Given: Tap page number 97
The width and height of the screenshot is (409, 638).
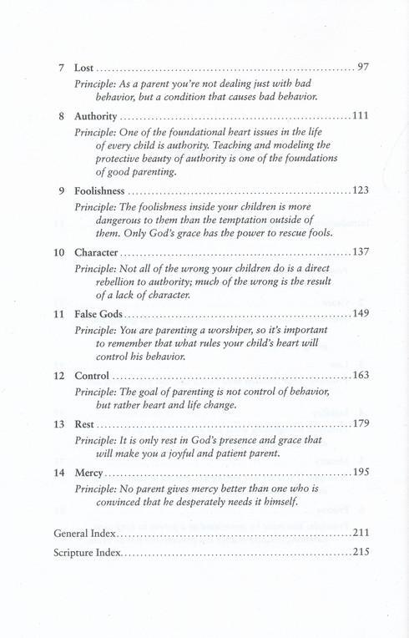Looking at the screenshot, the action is click(362, 67).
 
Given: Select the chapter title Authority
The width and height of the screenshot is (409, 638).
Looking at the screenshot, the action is click(97, 115).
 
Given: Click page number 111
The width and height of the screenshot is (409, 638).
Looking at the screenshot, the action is click(360, 115).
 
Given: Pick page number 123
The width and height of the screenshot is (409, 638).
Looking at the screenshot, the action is click(360, 191).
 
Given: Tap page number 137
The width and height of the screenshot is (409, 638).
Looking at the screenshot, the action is click(360, 253).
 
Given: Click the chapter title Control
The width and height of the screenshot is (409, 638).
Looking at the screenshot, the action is click(92, 376).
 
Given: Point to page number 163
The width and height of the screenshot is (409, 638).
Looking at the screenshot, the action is click(360, 376).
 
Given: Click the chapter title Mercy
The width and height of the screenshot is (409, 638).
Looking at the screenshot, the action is click(88, 473).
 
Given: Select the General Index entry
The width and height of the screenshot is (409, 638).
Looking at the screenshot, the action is click(84, 532).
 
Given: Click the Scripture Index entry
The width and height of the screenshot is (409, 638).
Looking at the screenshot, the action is click(88, 552).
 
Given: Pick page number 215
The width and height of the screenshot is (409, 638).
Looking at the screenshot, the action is click(360, 552).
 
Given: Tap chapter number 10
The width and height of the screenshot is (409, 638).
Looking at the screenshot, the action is click(59, 253).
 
